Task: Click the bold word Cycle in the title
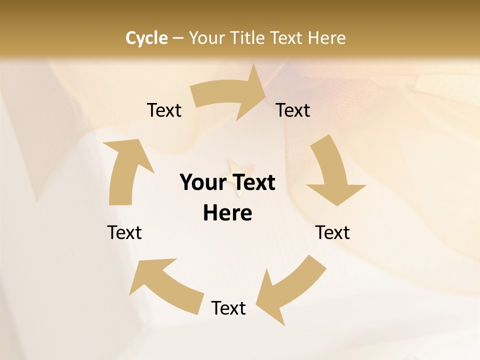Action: click(x=146, y=38)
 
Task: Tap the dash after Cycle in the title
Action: click(x=178, y=38)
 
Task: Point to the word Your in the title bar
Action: click(x=207, y=38)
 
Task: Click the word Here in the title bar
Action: click(x=326, y=38)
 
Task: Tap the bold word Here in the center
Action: click(x=227, y=213)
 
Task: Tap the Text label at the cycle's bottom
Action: click(x=228, y=308)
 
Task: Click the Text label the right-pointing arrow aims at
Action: click(x=293, y=110)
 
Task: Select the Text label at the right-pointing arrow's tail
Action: click(x=164, y=110)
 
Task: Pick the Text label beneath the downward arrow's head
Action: click(x=332, y=232)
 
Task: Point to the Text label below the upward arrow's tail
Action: click(x=124, y=232)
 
